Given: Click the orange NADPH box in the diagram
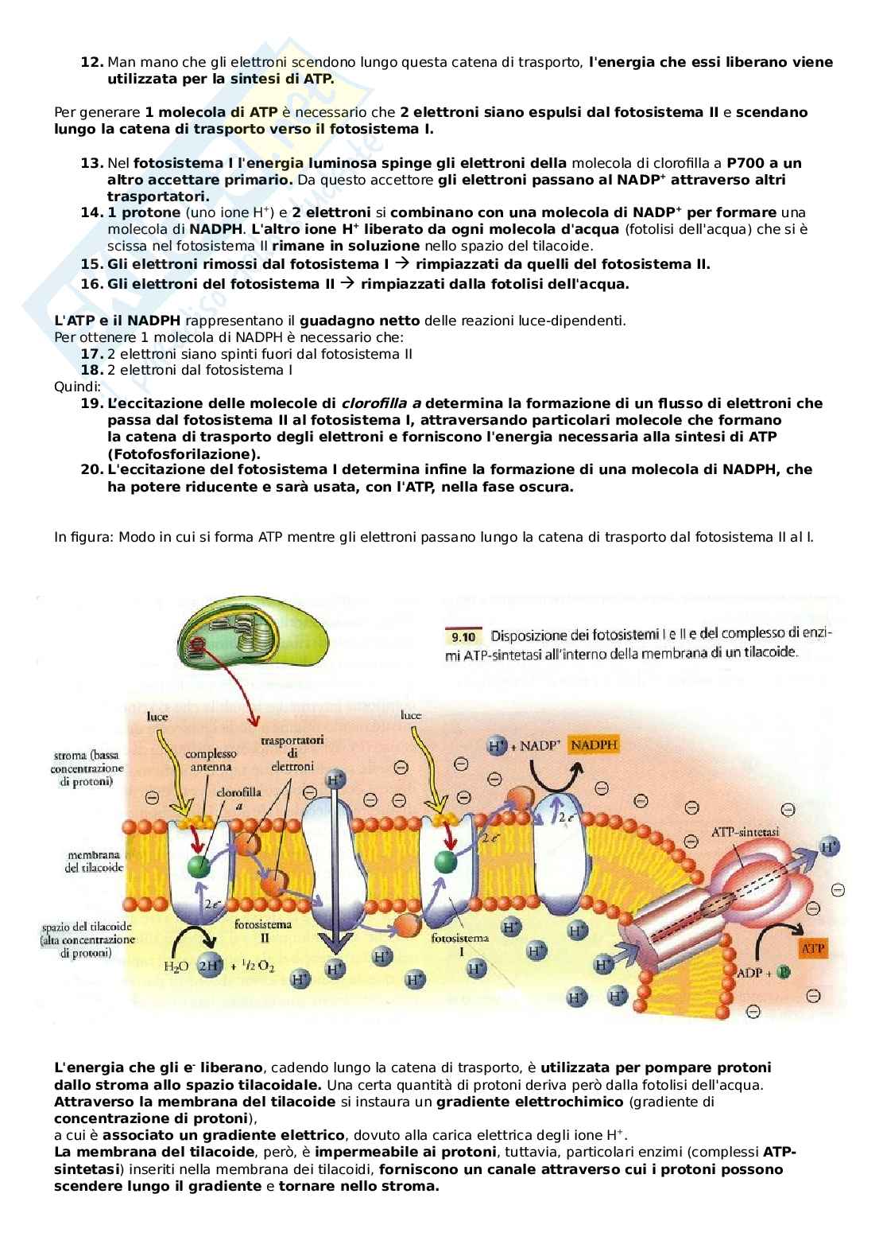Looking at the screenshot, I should tap(595, 745).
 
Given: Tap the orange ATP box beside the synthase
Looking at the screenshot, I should tap(813, 948).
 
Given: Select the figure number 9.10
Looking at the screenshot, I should tap(463, 636).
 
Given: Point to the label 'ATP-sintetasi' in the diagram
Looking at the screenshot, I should tap(745, 831).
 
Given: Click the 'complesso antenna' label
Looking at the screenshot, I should tap(211, 760).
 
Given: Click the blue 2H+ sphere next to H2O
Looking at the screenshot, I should tap(211, 966).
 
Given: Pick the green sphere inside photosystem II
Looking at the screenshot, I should tap(199, 865).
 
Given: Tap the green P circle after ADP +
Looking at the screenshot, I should tap(783, 973).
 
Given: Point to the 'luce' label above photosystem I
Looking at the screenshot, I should tap(411, 715).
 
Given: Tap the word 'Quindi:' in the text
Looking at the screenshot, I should tap(77, 387).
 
